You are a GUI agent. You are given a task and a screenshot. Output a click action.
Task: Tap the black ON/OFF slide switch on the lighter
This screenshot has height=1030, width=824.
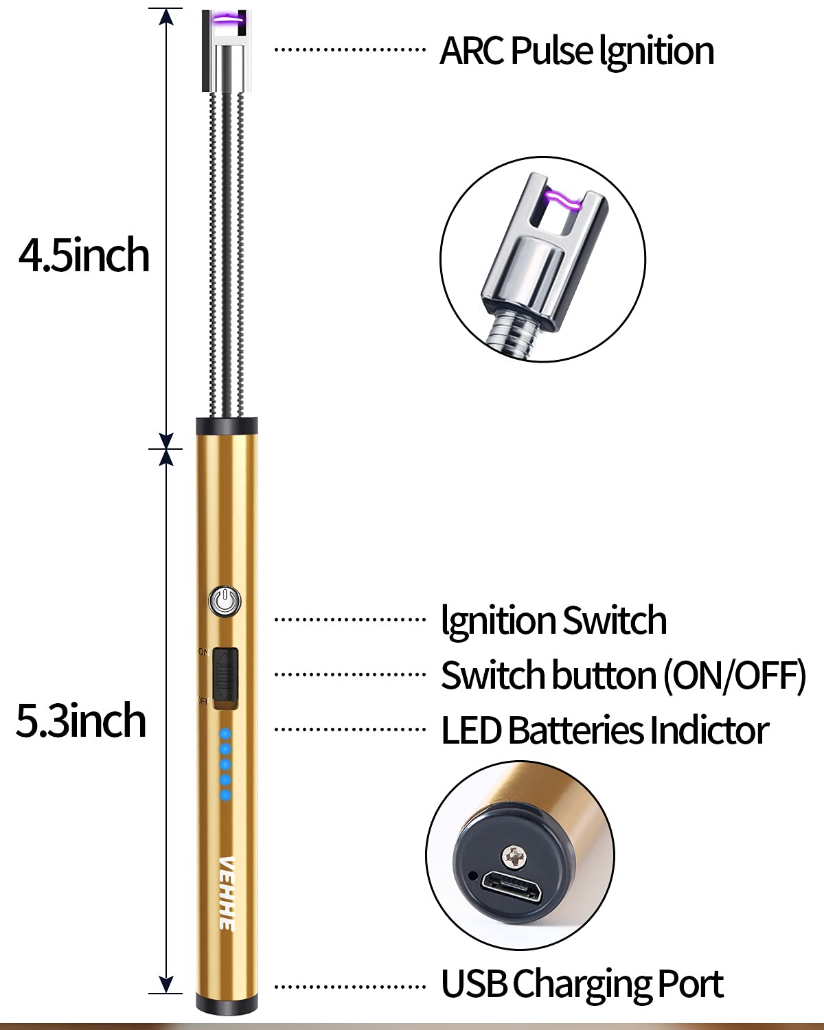click(225, 676)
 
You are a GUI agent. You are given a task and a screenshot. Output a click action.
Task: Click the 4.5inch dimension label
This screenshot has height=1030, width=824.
click(84, 255)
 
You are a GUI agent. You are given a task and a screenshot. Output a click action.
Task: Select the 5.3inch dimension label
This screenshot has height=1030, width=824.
click(81, 721)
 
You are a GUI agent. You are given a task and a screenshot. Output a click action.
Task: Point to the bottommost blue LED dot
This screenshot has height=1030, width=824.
click(225, 795)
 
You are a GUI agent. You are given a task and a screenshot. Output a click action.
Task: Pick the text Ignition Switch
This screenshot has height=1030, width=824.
click(553, 621)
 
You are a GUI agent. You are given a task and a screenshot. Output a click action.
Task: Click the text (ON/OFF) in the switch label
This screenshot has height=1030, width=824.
click(734, 676)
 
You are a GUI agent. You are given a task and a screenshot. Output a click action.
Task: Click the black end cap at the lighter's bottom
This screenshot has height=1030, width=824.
click(225, 1006)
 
